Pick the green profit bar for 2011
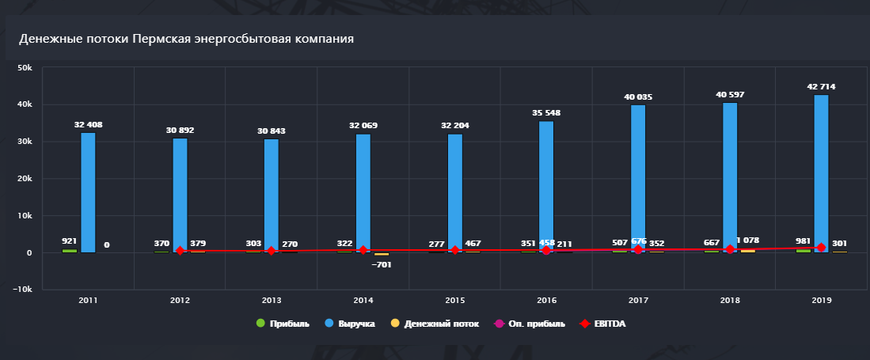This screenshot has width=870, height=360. [x=70, y=251]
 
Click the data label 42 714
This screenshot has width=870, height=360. [x=821, y=86]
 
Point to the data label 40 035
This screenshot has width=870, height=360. [x=638, y=97]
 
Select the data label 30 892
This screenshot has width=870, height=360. [x=179, y=130]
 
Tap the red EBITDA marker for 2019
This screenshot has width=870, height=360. [x=822, y=248]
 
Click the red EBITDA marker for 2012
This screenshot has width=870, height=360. [x=180, y=251]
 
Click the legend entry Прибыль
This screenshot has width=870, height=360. [x=283, y=324]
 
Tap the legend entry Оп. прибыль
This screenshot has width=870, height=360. [x=535, y=324]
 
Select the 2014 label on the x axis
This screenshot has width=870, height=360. [x=363, y=301]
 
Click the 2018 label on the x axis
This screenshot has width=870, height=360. [x=729, y=301]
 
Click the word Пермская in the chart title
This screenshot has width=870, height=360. [x=161, y=38]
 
